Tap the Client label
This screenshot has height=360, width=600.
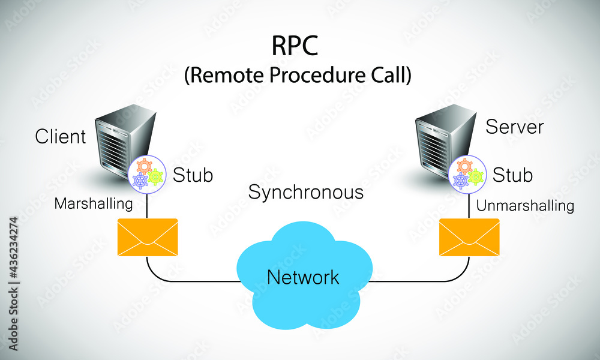point(61,137)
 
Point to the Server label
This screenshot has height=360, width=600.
point(514,127)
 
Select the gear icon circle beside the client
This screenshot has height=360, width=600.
point(146,173)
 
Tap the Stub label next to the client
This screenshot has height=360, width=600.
point(193,175)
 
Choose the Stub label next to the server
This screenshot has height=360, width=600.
point(512,175)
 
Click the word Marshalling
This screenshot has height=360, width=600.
point(94,204)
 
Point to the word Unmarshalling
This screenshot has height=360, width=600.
point(525,206)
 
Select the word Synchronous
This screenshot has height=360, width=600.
point(305,193)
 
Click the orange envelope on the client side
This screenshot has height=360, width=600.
point(148,238)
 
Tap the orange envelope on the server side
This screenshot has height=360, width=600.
point(469,238)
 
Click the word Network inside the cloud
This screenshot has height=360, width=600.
point(303,277)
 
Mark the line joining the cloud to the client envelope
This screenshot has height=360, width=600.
point(192,281)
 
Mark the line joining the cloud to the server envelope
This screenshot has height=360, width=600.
point(420,281)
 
